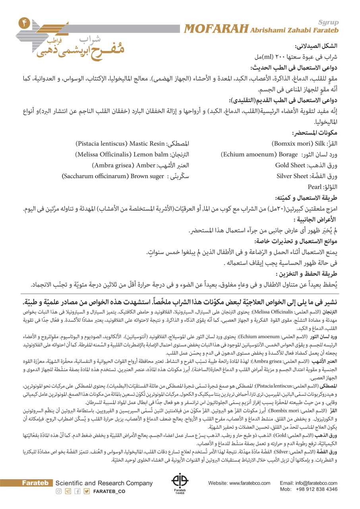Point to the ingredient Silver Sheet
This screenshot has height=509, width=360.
pyautogui.click(x=292, y=175)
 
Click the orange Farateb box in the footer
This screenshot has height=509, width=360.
pyautogui.click(x=37, y=483)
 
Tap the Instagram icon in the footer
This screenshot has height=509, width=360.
pyautogui.click(x=58, y=491)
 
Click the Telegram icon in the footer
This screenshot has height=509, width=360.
pyautogui.click(x=68, y=491)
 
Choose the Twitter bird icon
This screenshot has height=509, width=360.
pyautogui.click(x=87, y=491)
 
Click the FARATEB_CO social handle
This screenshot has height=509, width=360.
pyautogui.click(x=109, y=491)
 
